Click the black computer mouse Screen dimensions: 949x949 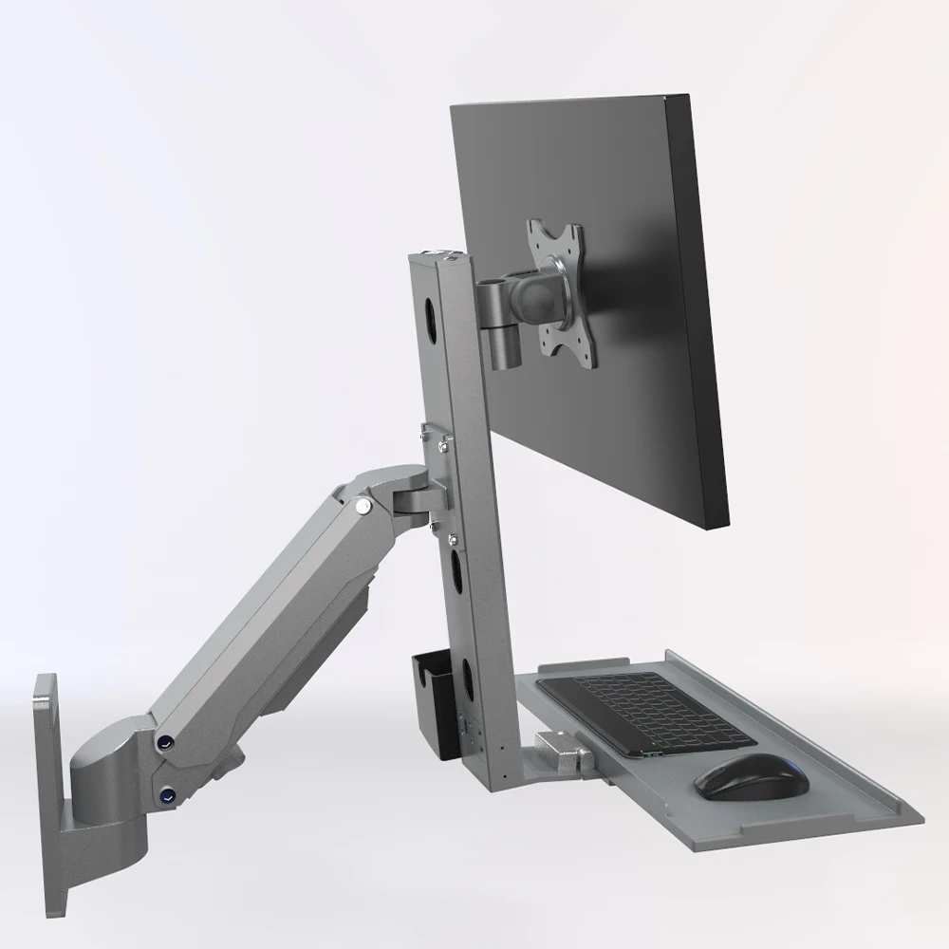[751, 776]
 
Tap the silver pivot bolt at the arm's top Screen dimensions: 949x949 [362, 509]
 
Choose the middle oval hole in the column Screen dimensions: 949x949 [456, 569]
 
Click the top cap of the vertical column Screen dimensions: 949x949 [439, 255]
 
